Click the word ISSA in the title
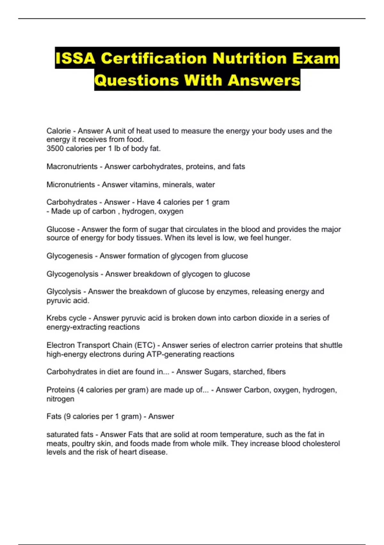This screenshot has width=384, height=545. click(x=75, y=58)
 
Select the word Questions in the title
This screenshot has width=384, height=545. click(x=136, y=80)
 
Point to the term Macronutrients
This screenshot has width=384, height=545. click(x=72, y=167)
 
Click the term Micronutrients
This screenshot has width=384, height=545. click(x=71, y=185)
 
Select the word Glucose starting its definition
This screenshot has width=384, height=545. click(x=60, y=229)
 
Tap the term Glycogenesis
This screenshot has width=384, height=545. click(x=69, y=256)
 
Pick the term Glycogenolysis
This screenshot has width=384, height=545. click(x=72, y=274)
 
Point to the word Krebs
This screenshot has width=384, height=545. click(x=56, y=318)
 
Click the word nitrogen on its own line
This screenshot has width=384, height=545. click(x=60, y=399)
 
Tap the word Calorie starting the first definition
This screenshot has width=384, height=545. click(x=59, y=131)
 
